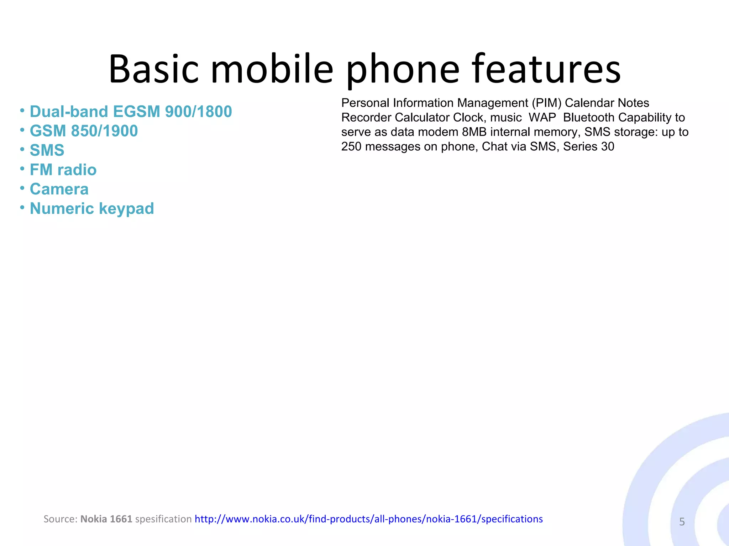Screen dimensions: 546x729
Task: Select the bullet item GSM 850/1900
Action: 84,131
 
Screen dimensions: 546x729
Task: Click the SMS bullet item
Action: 47,150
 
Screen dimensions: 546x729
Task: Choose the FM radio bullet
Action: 63,170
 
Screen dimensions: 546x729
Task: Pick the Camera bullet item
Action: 59,189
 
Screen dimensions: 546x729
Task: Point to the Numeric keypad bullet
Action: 92,209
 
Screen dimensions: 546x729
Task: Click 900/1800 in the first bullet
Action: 198,112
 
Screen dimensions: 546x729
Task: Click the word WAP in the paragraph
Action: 542,118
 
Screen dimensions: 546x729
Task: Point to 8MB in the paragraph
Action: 474,132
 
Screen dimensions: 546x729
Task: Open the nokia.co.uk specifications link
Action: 368,519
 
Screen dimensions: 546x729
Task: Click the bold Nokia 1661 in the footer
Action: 106,519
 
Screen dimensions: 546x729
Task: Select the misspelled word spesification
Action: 163,519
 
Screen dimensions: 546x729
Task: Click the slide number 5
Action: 682,522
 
